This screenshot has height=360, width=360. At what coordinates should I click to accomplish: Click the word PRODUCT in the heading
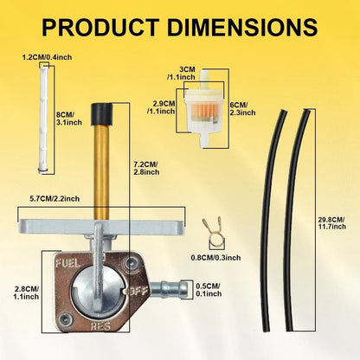point(100,27)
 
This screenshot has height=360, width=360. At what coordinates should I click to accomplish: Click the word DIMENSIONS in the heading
point(242,27)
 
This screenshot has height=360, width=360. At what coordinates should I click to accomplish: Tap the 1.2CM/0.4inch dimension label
point(48,57)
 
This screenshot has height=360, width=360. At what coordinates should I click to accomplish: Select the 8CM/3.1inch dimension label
point(69,119)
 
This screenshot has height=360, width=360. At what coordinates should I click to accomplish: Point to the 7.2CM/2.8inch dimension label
point(146,168)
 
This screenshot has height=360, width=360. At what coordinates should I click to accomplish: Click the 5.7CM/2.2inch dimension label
point(55,198)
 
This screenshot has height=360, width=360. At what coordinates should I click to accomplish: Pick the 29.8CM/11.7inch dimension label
point(331,223)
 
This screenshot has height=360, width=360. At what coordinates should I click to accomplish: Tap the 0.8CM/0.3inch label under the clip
point(215,257)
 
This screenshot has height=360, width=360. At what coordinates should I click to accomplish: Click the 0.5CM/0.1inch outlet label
point(209,290)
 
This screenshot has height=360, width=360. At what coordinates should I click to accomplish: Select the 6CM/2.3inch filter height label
point(243,108)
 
